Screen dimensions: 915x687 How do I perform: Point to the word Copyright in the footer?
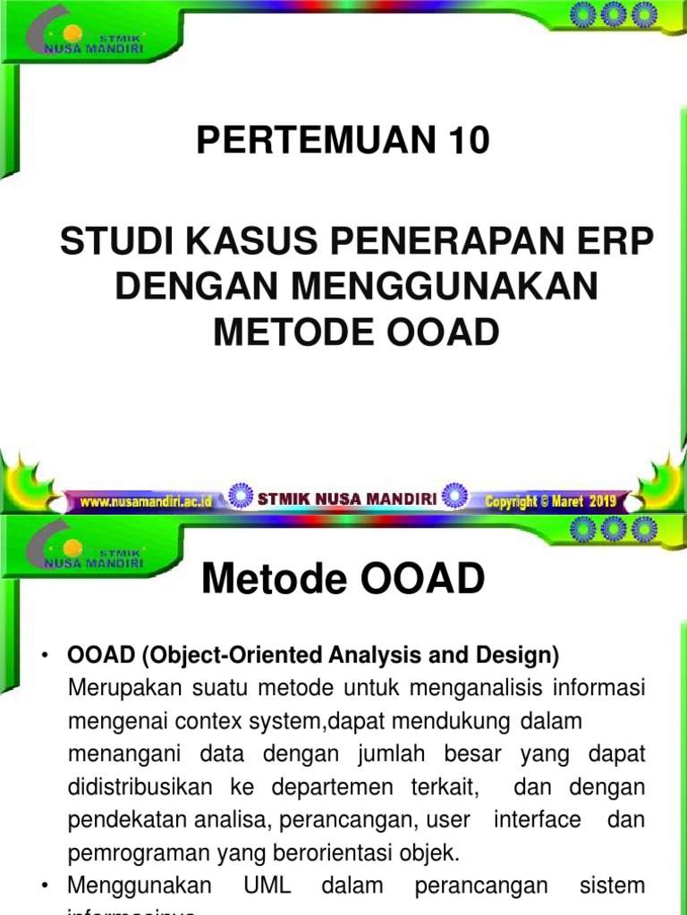click(512, 501)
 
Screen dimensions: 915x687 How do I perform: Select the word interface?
click(544, 819)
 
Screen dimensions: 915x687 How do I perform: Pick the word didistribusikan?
click(140, 787)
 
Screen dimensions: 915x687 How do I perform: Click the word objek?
click(433, 852)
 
